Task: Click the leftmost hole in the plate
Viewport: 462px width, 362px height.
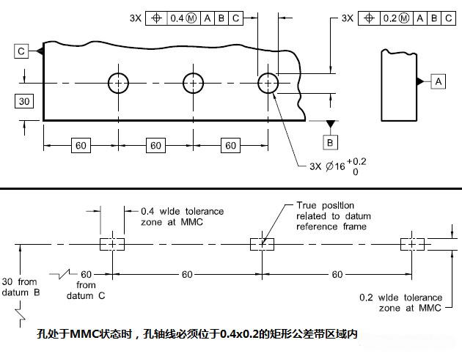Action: click(x=119, y=84)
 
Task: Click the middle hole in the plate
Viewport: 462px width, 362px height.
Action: click(x=194, y=84)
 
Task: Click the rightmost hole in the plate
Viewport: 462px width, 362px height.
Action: click(x=268, y=84)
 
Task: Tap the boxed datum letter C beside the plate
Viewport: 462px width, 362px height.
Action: click(x=21, y=51)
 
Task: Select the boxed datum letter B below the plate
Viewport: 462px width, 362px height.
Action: click(x=331, y=141)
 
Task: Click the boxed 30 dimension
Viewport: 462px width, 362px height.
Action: click(x=24, y=102)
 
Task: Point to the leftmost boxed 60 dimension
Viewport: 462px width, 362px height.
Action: click(x=81, y=146)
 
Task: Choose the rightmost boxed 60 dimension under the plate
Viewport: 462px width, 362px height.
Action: click(x=230, y=146)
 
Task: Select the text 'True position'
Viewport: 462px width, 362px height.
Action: click(x=325, y=206)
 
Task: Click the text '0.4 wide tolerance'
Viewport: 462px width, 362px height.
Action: click(x=182, y=211)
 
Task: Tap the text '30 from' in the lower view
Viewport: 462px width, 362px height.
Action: click(x=22, y=282)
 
